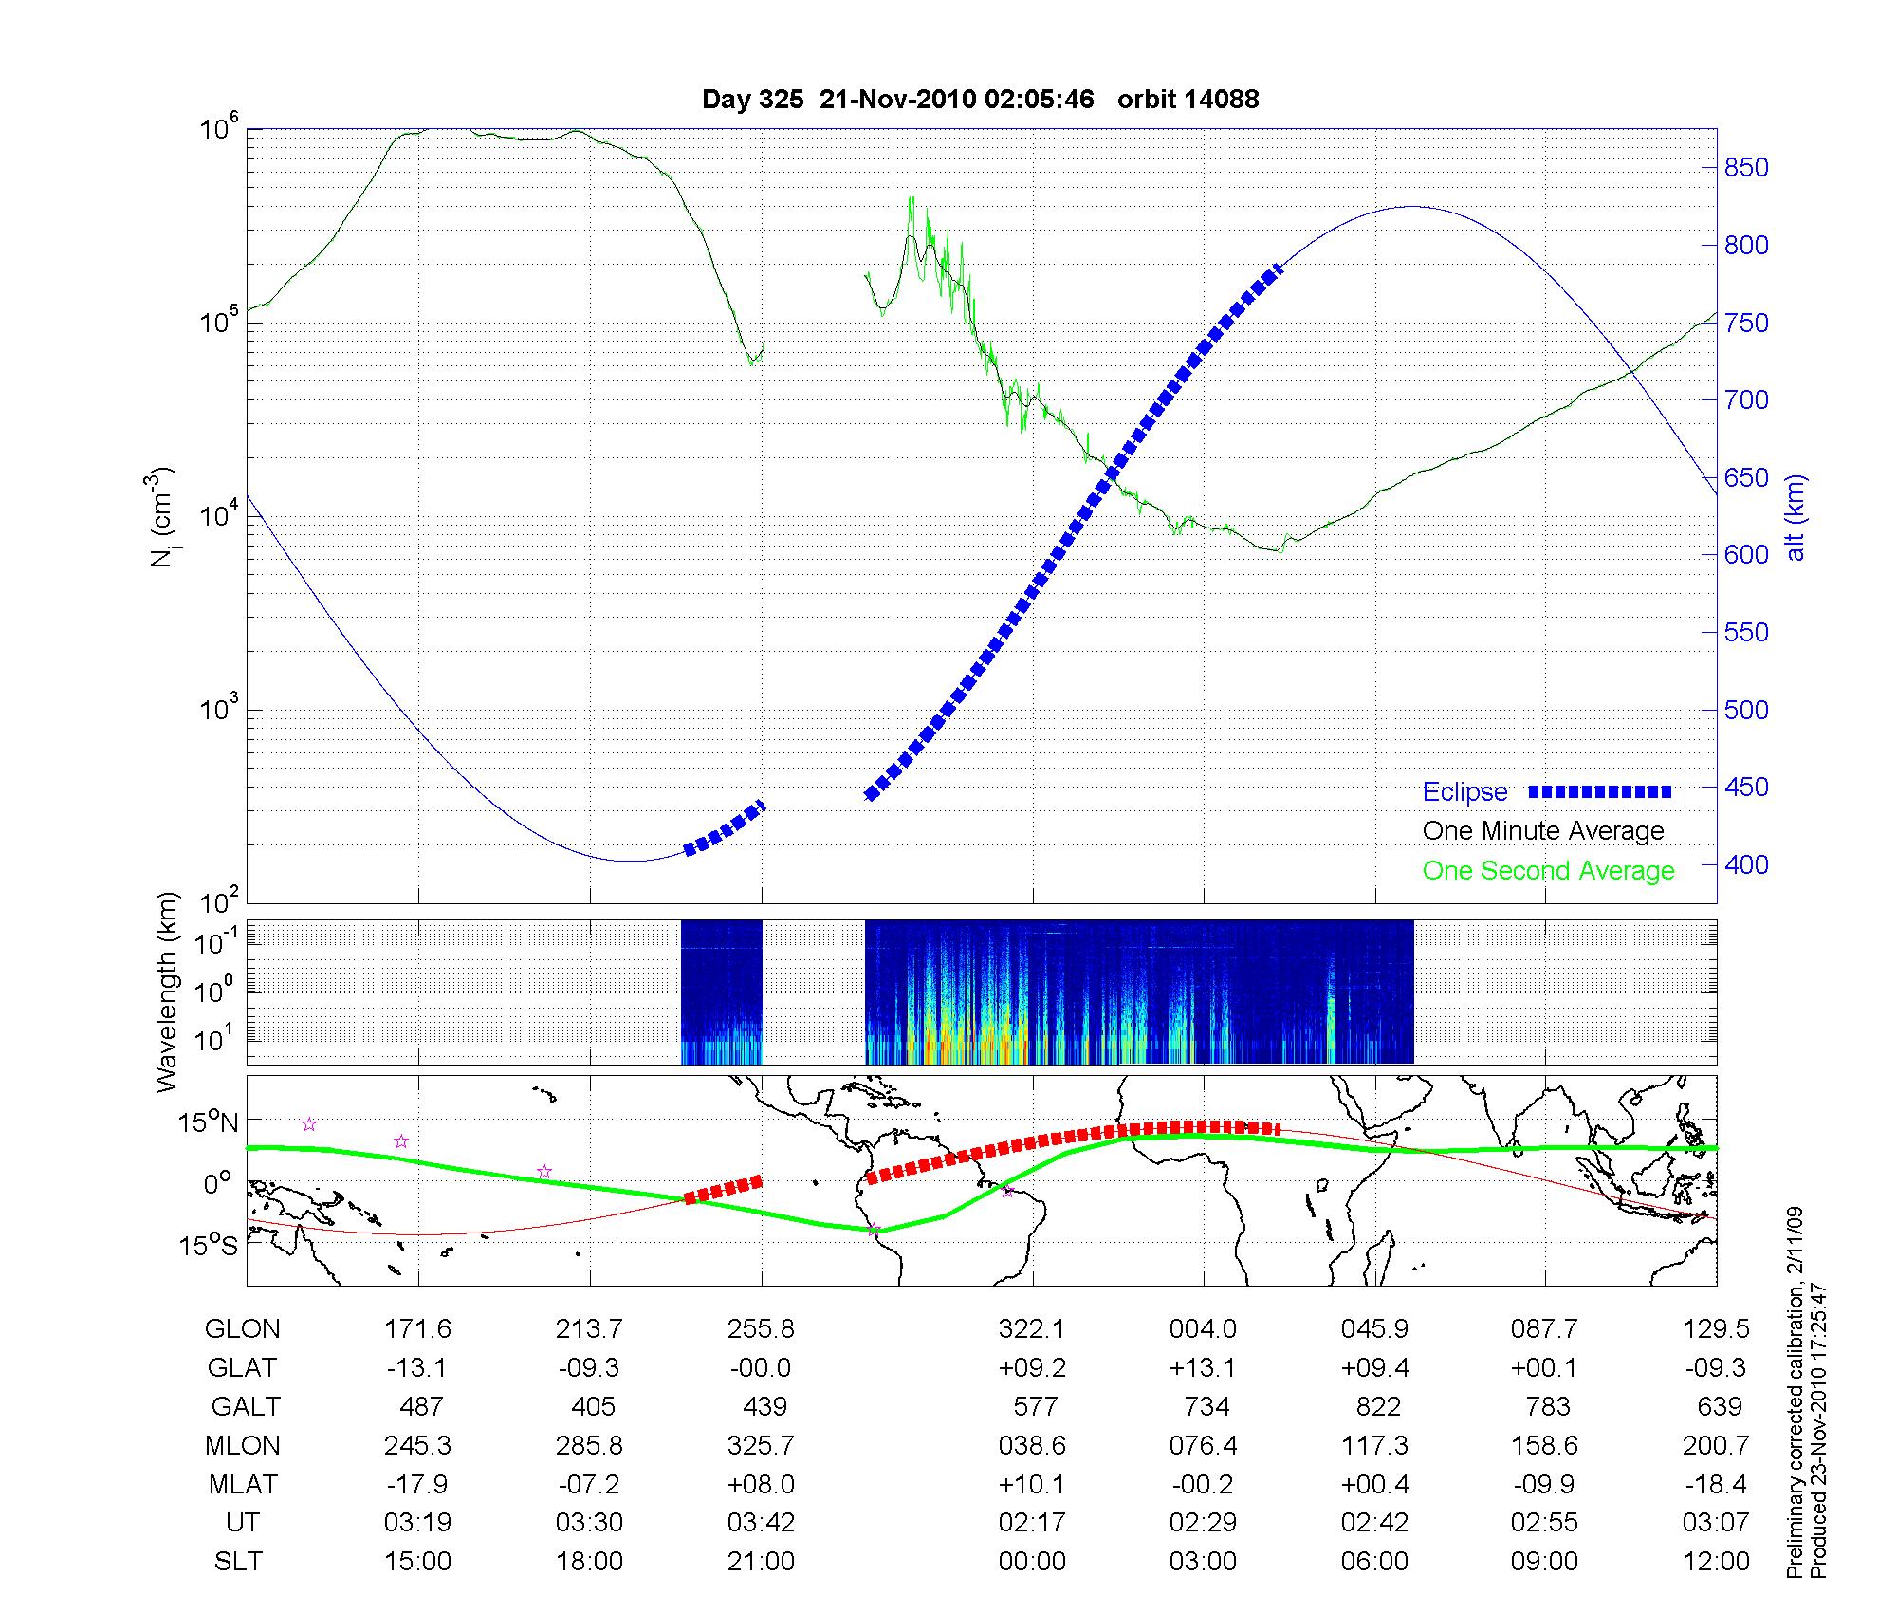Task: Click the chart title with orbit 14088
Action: tap(980, 100)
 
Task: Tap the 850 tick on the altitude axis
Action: tap(1745, 168)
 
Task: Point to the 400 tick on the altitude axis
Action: tap(1745, 865)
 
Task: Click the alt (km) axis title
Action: tap(1796, 517)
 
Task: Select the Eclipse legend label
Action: tap(1464, 792)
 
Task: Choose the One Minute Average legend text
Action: tap(1543, 831)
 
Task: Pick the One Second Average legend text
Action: tap(1548, 871)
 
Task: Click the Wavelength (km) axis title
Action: tap(168, 992)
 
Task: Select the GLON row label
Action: tap(242, 1329)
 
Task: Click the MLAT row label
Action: tap(243, 1484)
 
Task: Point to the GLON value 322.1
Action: tap(1032, 1329)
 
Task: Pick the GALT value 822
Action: tap(1378, 1406)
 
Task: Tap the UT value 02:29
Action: tap(1204, 1523)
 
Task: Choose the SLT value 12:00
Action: tap(1716, 1562)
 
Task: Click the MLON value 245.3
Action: tap(417, 1445)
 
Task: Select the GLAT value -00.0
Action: tap(761, 1368)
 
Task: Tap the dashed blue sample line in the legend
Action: tap(1600, 791)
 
